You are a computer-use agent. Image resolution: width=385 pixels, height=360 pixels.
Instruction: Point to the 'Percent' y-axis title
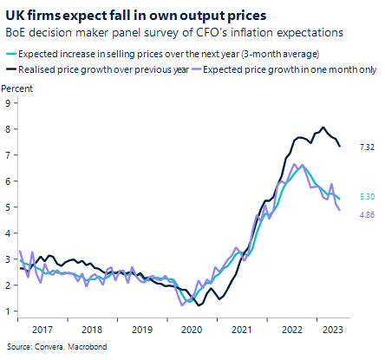point(19,89)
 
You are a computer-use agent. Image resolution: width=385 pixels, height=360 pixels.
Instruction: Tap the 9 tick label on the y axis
point(8,102)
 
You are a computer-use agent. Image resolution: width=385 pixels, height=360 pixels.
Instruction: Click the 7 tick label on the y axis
point(8,154)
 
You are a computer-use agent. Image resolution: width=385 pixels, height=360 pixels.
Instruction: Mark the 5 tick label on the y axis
point(8,206)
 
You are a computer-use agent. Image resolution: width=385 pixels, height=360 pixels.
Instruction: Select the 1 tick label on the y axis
point(8,311)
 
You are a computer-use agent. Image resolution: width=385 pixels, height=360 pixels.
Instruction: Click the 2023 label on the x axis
point(330,331)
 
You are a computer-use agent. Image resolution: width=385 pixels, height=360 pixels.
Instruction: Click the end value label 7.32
point(366,147)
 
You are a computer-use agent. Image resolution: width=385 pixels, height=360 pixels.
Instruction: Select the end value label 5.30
point(366,198)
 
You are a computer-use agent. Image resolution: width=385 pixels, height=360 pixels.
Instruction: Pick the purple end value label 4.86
point(366,213)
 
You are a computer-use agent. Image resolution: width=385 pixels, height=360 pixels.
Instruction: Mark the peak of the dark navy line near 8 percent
point(323,128)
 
